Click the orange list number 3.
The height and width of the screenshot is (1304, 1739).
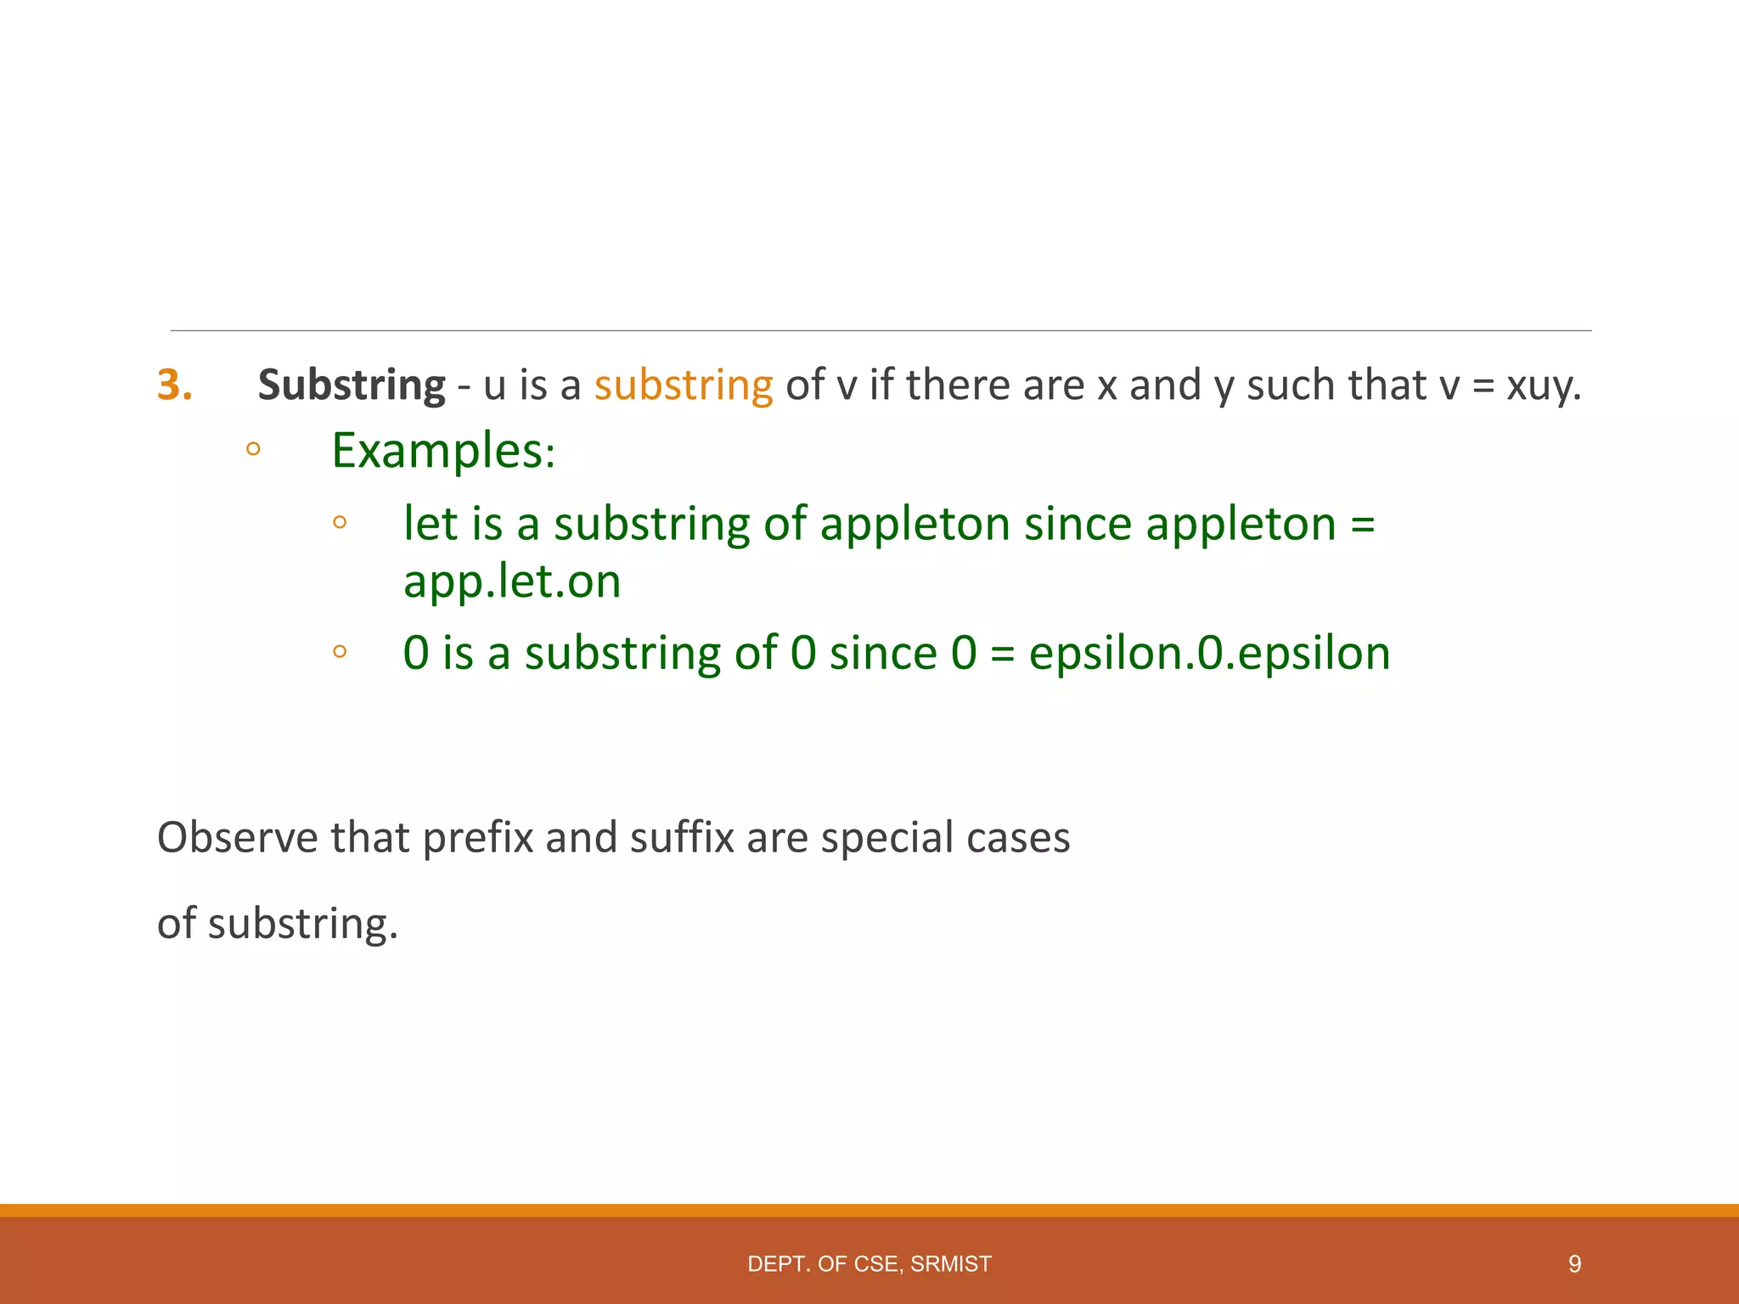coord(174,385)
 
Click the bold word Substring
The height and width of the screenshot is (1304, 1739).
coord(352,385)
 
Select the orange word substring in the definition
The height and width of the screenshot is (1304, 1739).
coord(684,385)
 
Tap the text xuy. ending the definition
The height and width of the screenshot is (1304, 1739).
coord(1544,385)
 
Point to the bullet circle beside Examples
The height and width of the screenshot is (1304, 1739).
coord(253,449)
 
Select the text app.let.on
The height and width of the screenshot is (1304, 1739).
coord(512,582)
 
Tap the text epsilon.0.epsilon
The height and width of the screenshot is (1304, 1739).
coord(1209,653)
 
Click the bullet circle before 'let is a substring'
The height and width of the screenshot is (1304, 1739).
coord(340,522)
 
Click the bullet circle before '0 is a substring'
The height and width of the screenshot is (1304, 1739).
coord(340,652)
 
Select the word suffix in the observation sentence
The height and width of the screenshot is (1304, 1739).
coord(682,838)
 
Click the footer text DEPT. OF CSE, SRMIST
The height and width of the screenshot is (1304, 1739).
coord(869,1264)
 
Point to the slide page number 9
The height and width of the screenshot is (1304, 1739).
coord(1574,1264)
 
